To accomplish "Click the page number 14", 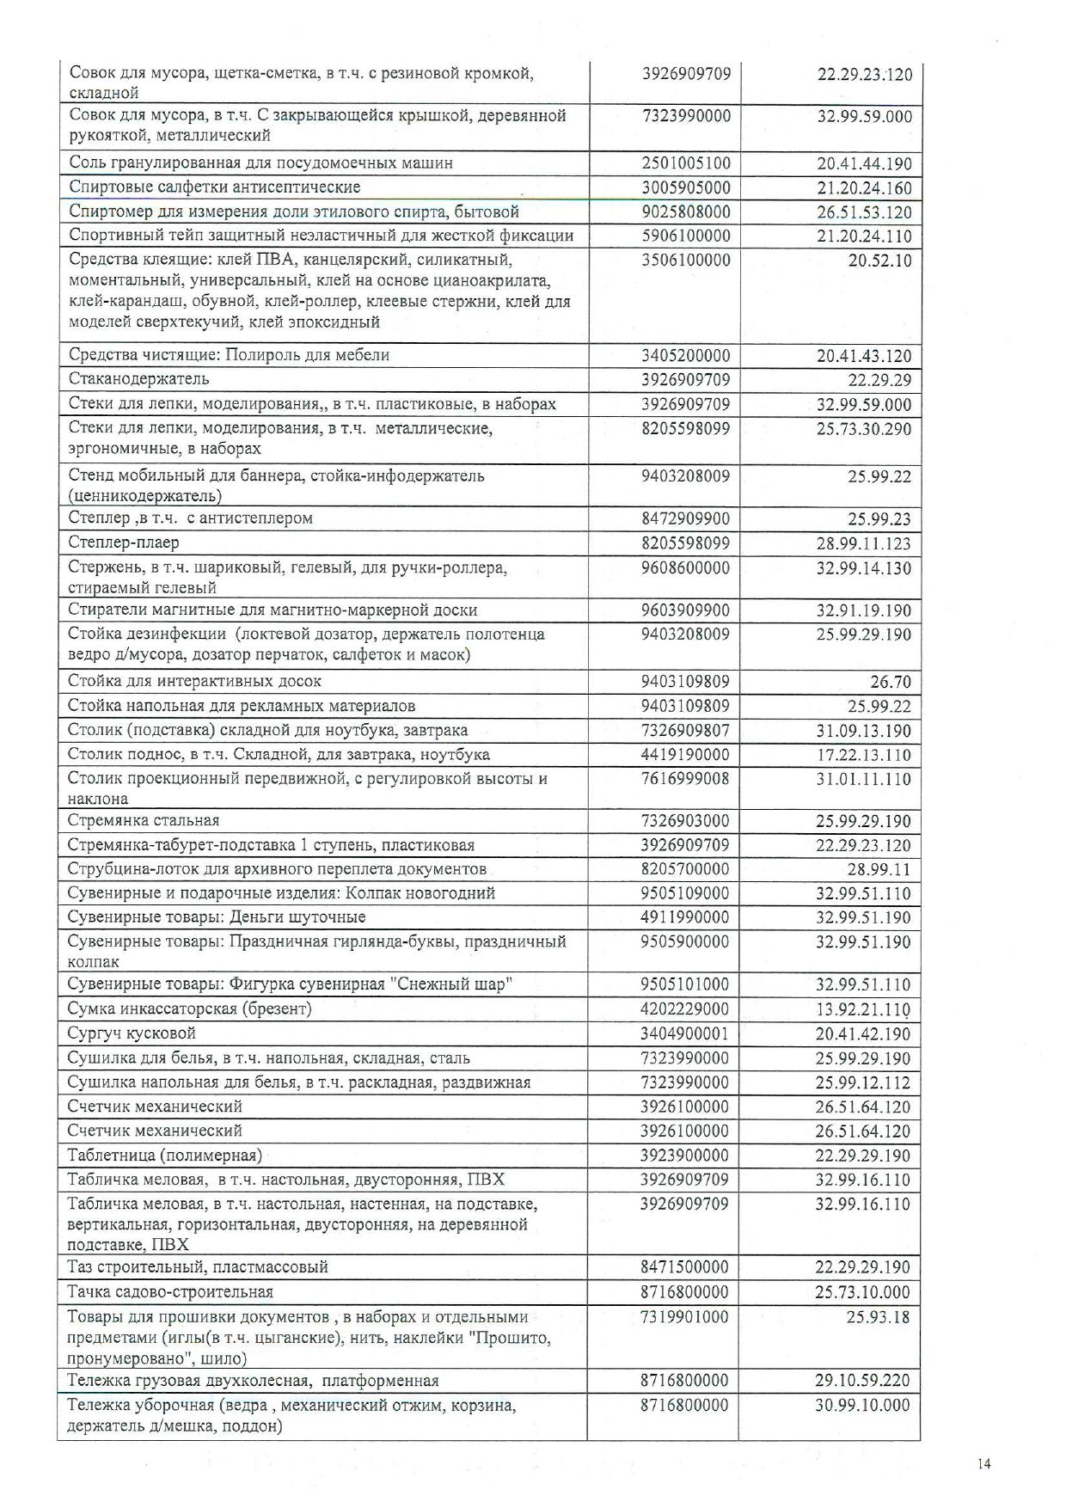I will coord(984,1464).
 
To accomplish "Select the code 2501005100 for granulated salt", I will coord(685,163).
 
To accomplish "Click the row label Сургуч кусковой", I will coord(132,1033).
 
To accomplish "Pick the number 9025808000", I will coord(685,212).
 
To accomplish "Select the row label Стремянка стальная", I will coord(144,821).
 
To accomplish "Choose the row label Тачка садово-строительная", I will coord(170,1292).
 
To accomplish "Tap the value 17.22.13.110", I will coord(862,756).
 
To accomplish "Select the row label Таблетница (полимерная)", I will coord(164,1156).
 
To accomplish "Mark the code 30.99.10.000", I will coord(862,1406).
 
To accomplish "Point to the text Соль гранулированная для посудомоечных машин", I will coord(260,163).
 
